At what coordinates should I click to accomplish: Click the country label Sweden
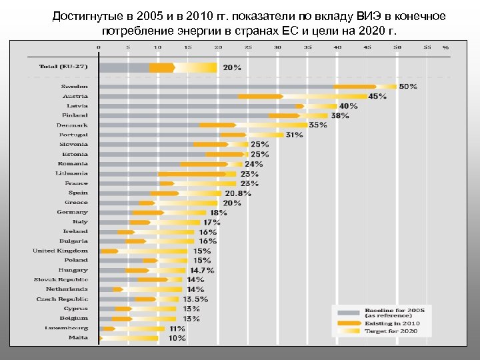(74, 87)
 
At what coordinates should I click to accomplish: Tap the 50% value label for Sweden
(408, 87)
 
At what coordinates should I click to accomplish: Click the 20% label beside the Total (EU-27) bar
(232, 68)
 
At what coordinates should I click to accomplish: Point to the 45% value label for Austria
(377, 97)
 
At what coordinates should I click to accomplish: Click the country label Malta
(78, 337)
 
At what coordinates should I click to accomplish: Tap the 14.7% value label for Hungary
(202, 270)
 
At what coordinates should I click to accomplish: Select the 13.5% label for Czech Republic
(195, 299)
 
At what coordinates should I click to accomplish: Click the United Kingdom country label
(60, 251)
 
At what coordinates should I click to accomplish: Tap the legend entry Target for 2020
(389, 331)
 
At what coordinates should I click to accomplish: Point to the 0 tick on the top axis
(99, 47)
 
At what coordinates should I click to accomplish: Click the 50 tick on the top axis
(397, 47)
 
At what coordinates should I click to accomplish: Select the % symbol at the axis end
(445, 48)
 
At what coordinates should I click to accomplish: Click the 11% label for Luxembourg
(177, 329)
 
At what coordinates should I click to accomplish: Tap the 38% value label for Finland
(340, 116)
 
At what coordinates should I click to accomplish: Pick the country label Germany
(72, 212)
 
